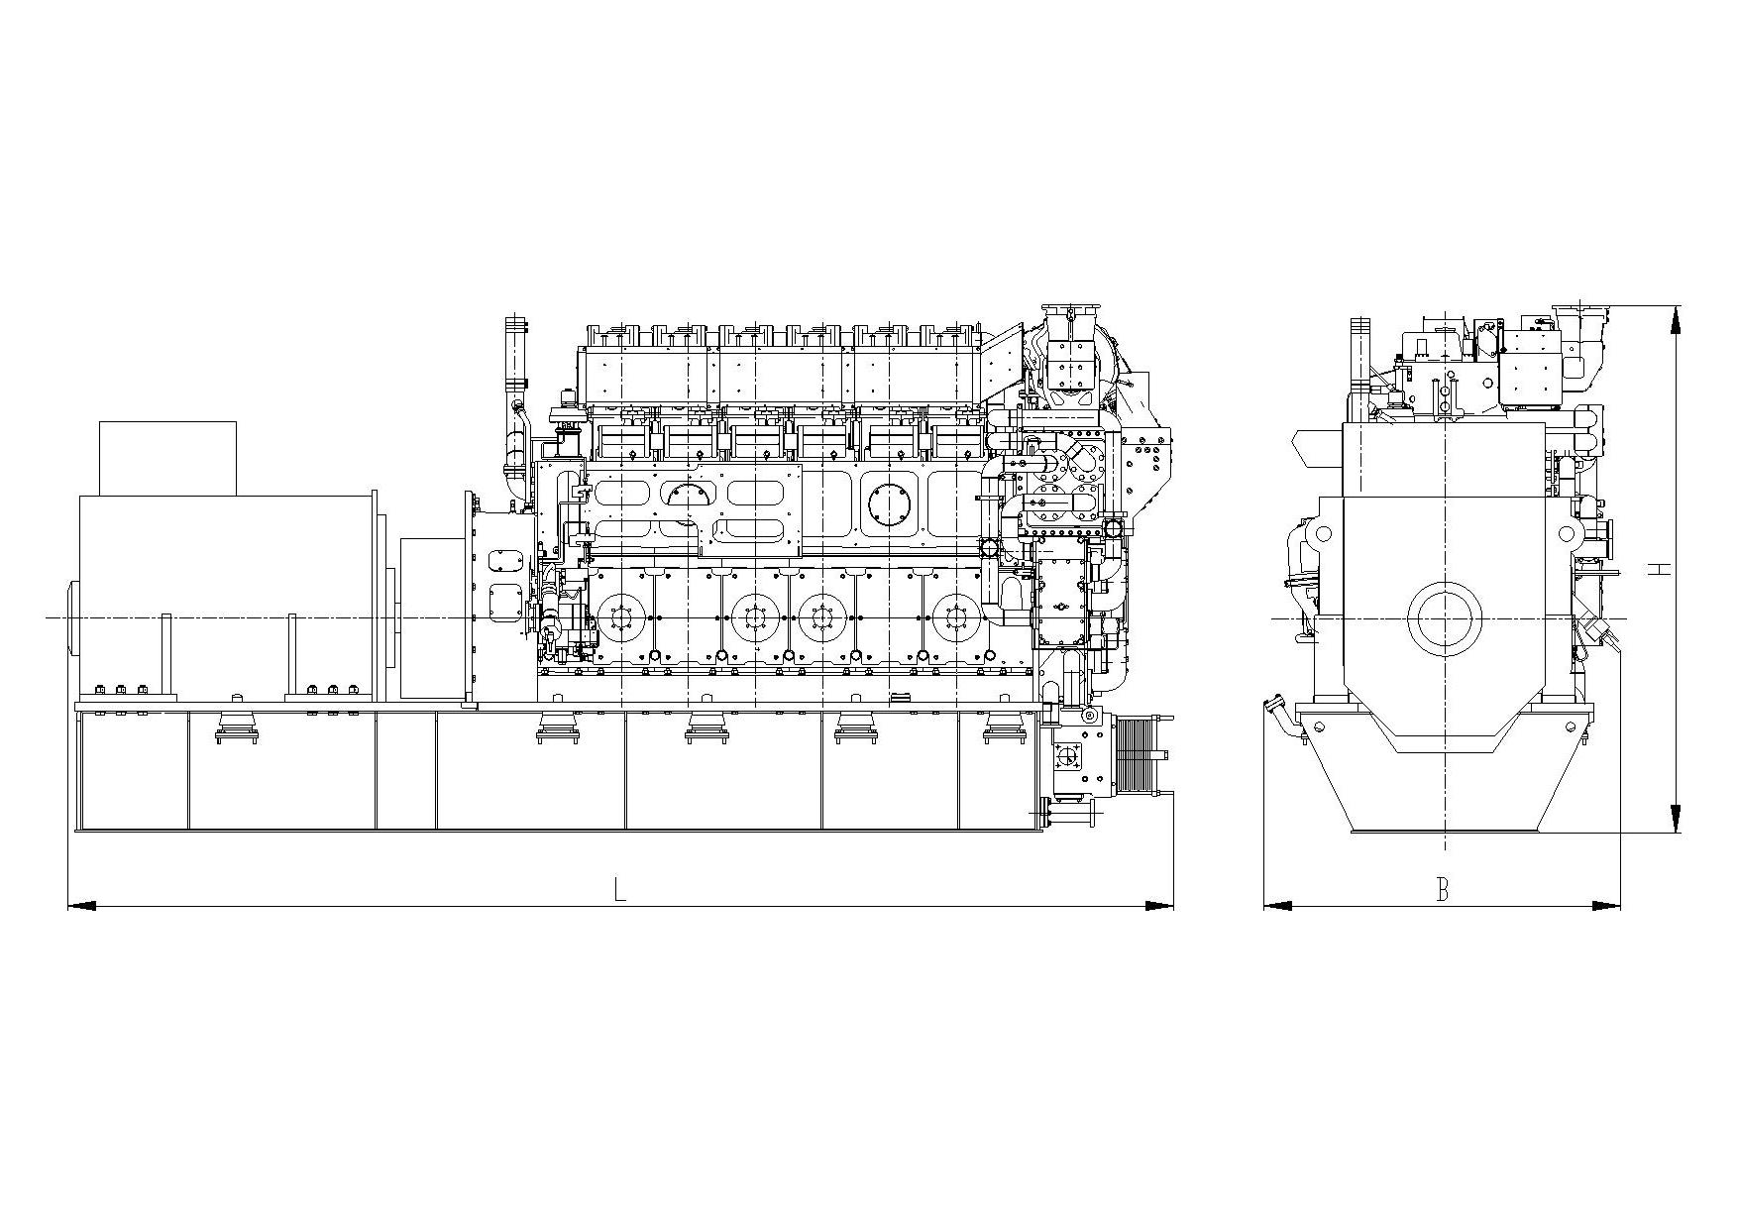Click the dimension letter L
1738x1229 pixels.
620,889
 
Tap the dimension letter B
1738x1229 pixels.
1443,889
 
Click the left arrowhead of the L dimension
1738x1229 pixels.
81,905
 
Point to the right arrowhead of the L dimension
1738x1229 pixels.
1159,905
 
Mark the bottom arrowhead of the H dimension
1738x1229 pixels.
1675,819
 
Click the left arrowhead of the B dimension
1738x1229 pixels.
1278,905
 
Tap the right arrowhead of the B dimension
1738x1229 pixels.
1606,905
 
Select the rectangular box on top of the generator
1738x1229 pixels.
167,458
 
